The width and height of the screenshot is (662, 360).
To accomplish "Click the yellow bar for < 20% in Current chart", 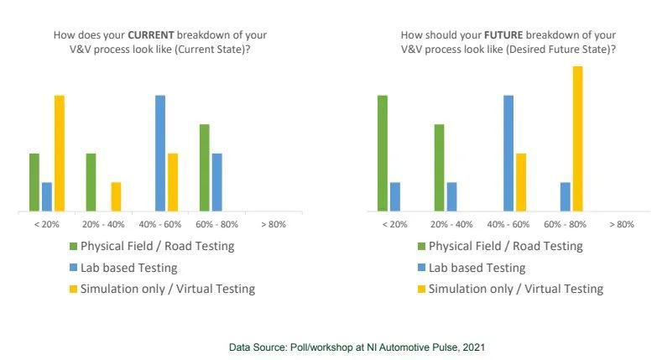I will (60, 153).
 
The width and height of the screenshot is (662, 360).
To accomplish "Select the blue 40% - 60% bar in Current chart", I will (160, 153).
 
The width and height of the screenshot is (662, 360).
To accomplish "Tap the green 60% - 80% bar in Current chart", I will (205, 167).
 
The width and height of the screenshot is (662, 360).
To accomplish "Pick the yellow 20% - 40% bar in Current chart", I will (116, 196).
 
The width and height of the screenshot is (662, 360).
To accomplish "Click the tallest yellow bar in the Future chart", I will (577, 138).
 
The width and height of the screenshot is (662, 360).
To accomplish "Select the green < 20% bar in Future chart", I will (383, 153).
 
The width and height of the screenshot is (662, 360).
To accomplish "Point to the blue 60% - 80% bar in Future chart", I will (565, 196).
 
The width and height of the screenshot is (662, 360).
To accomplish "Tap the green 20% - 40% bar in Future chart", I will (439, 167).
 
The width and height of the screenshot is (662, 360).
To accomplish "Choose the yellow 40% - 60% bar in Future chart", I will (521, 181).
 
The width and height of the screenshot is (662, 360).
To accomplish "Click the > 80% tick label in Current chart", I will (274, 224).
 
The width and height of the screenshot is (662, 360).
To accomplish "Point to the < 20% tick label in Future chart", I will (394, 224).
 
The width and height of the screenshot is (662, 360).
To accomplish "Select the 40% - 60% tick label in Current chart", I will (159, 224).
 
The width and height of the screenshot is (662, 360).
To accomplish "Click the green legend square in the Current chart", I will (73, 247).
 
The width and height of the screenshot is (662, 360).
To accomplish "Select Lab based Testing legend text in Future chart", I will (477, 268).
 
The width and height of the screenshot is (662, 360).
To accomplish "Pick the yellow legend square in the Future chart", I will (421, 289).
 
